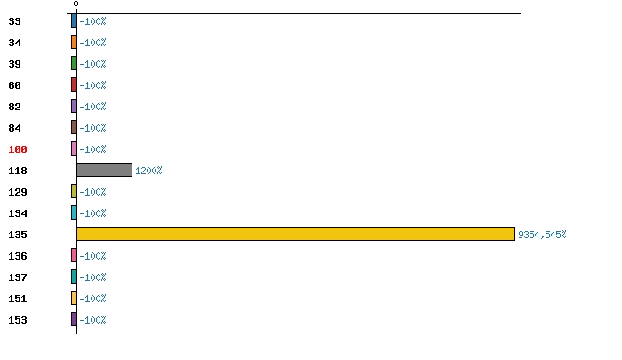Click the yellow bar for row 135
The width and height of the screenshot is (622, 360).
click(x=295, y=234)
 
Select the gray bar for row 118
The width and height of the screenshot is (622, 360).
click(x=104, y=170)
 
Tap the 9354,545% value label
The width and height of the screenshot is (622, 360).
click(x=542, y=235)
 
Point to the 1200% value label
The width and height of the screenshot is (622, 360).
click(x=148, y=171)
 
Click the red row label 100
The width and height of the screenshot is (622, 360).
click(x=18, y=149)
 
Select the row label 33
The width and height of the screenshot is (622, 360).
click(x=14, y=21)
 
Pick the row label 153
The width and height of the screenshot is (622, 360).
click(x=18, y=320)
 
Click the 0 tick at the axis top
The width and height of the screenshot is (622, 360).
click(x=76, y=4)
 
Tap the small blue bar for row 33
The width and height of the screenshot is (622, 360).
click(x=74, y=20)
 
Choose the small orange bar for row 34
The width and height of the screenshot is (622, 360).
click(x=74, y=42)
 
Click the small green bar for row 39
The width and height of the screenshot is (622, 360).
click(x=74, y=63)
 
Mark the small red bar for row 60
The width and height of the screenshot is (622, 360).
click(x=74, y=84)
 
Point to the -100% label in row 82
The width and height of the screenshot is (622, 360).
click(x=92, y=107)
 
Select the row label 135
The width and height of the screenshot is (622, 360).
click(x=18, y=235)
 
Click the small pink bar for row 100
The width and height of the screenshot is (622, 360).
click(x=74, y=148)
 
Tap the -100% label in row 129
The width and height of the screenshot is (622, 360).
click(x=92, y=192)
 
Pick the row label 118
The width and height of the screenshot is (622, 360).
click(x=18, y=171)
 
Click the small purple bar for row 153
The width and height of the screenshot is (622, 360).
click(x=74, y=319)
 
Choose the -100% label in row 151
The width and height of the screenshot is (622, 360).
click(x=92, y=299)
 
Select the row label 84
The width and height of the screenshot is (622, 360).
click(x=14, y=128)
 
